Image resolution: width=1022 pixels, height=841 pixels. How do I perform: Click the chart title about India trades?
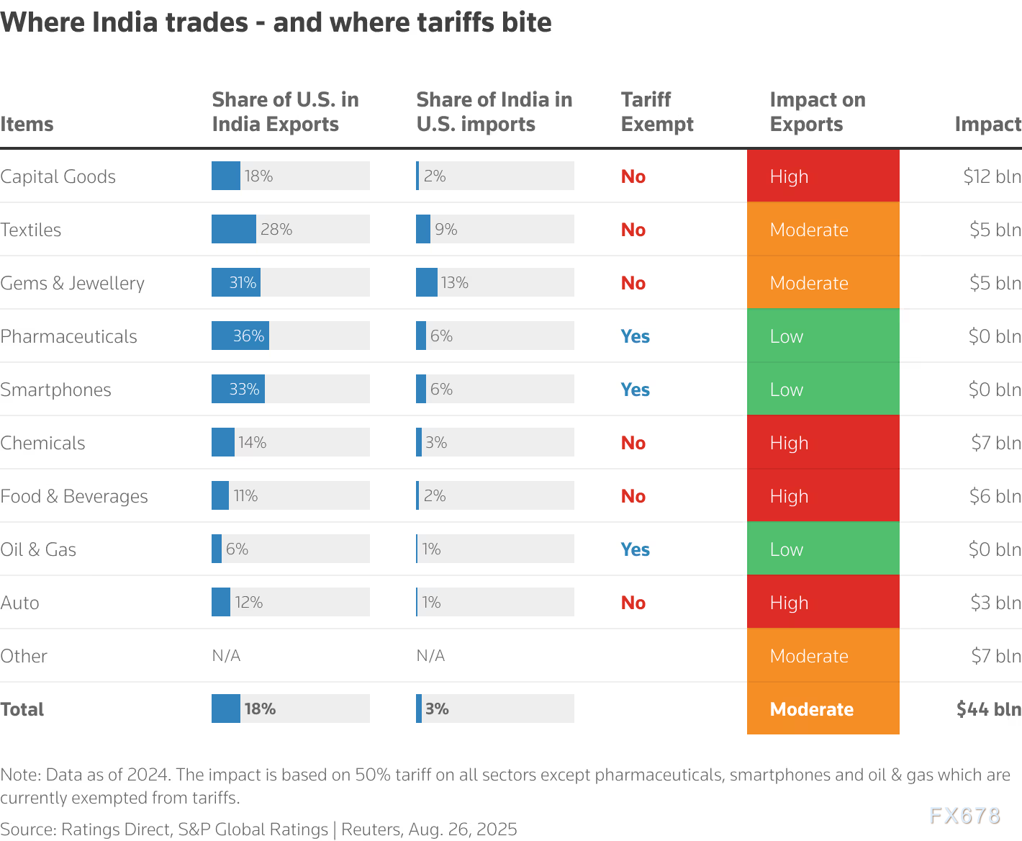276,23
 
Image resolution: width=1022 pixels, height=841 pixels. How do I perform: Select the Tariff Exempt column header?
656,112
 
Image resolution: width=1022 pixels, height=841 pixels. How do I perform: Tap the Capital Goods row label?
58,176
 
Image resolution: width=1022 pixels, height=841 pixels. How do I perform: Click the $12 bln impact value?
992,176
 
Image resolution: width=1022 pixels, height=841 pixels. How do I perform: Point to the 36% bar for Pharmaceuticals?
240,336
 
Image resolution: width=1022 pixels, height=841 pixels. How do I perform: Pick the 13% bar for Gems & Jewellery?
427,283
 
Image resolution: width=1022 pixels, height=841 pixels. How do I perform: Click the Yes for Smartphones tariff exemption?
635,390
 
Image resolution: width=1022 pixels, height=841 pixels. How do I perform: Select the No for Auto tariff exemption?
633,603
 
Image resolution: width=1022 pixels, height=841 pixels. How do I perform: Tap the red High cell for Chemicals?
823,443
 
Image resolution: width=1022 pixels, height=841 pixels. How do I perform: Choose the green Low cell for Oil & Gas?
823,549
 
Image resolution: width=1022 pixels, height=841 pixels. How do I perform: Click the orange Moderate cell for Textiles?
823,230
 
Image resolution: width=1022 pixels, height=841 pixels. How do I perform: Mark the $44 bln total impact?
988,709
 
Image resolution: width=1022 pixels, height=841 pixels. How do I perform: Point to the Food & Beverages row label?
73,496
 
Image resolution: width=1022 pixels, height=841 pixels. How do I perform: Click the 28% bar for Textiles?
234,230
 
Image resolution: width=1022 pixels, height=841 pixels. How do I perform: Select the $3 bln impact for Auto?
995,603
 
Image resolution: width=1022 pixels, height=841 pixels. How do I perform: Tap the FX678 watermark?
964,816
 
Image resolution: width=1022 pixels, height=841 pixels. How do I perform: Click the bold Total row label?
22,709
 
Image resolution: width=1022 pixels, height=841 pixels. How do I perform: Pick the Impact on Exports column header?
817,112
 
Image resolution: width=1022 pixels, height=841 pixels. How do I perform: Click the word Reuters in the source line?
370,829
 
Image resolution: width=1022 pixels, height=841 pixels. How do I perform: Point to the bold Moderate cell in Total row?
823,709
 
